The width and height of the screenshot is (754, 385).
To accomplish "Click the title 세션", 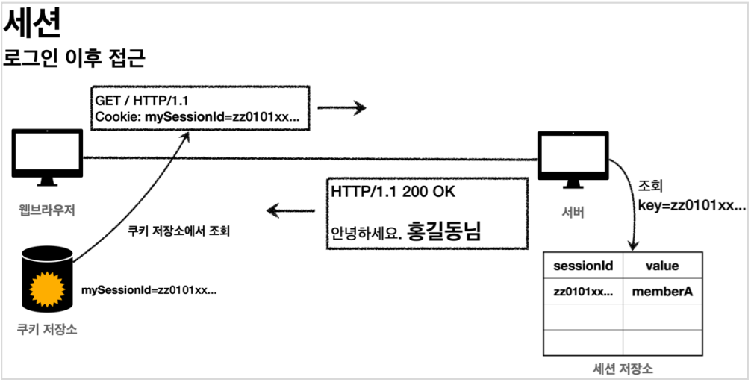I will [32, 25].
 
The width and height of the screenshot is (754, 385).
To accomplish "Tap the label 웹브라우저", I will [48, 210].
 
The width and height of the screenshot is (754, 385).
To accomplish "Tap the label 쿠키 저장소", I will [47, 329].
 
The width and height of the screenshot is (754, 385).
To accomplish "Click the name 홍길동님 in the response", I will [443, 231].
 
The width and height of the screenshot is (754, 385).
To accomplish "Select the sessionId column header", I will [582, 266].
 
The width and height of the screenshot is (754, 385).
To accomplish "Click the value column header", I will [662, 266].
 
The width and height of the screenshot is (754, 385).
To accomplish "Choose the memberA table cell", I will [662, 292].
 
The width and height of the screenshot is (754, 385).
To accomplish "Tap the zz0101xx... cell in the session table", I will [582, 292].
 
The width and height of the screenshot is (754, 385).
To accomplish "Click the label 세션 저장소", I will [623, 369].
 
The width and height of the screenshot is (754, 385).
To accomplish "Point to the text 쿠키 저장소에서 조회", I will [178, 231].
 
